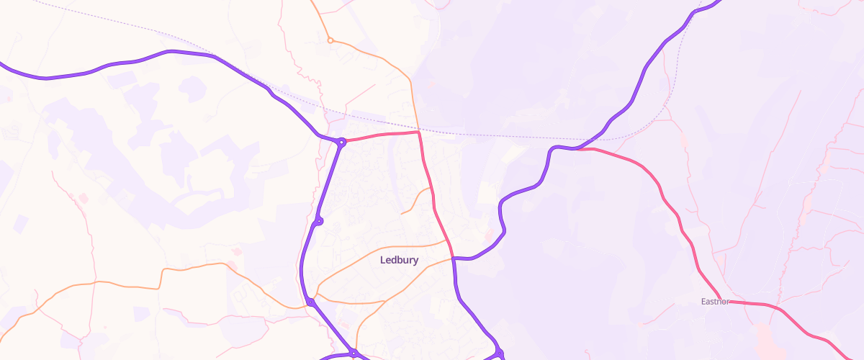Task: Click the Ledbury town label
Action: click(399, 260)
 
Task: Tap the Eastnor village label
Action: click(715, 302)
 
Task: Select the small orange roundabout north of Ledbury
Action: click(330, 40)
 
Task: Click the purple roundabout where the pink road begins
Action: click(341, 142)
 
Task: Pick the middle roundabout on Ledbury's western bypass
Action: click(319, 220)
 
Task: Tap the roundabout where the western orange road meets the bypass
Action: click(310, 302)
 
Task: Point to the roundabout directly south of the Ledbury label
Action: click(354, 352)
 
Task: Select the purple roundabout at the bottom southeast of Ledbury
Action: click(499, 353)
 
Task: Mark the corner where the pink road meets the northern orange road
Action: click(418, 132)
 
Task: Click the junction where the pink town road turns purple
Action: click(453, 257)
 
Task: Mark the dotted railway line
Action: click(504, 134)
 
